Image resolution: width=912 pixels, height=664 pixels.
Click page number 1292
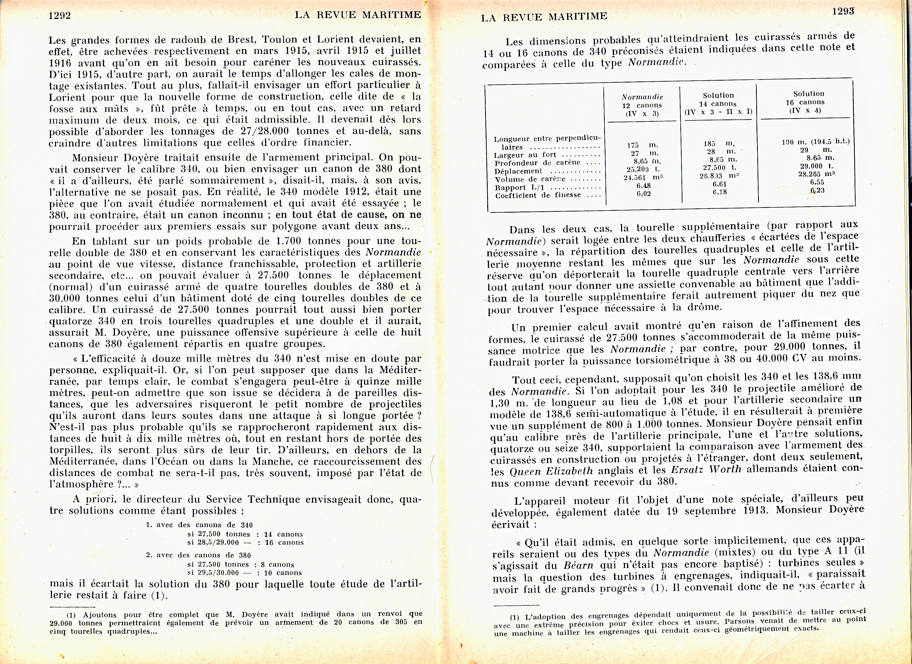[60, 16]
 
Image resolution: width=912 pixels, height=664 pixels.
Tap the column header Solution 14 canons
[718, 103]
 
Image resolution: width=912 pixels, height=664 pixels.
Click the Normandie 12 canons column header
[642, 105]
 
